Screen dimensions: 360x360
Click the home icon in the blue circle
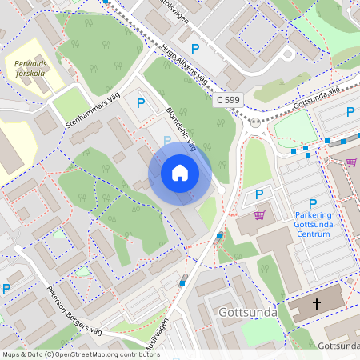coord(180,173)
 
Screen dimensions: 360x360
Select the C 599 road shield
coord(228,100)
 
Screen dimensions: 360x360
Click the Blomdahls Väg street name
coord(179,126)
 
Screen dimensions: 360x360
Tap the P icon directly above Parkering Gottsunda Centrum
coord(312,204)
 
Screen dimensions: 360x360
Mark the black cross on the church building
coord(316,304)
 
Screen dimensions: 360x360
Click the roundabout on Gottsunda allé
coord(256,123)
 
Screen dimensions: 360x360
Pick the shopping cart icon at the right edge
coord(351,162)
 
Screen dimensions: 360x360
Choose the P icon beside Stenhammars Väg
coord(141,102)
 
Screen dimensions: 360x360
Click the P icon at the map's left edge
coord(6,289)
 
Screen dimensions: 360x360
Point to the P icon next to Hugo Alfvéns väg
coord(194,49)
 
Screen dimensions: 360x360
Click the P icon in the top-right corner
coord(350,113)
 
